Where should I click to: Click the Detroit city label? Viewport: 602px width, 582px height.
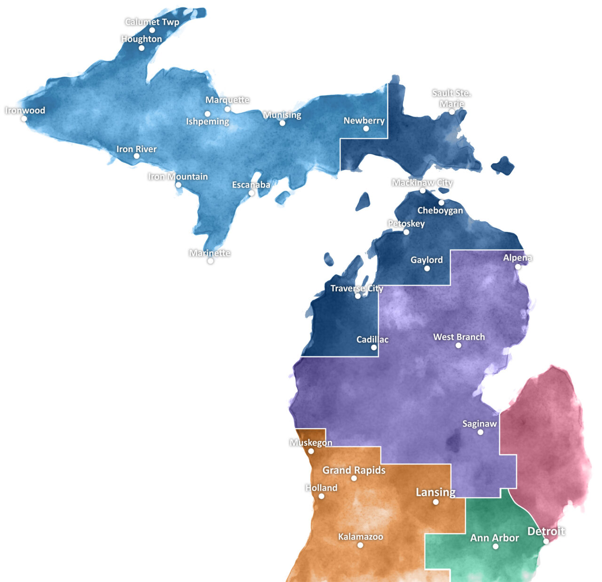click(x=546, y=531)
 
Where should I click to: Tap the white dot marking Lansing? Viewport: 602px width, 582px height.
click(x=436, y=502)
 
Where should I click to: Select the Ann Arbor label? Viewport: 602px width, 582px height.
click(x=494, y=538)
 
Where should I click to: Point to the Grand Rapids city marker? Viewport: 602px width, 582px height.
click(x=354, y=478)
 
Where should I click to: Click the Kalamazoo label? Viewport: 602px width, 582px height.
click(x=360, y=536)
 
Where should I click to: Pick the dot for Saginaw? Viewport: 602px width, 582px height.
click(x=480, y=432)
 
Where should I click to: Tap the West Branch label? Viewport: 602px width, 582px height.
click(x=459, y=337)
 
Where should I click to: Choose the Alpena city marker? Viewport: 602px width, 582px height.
click(x=518, y=267)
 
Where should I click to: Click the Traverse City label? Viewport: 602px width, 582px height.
click(x=356, y=288)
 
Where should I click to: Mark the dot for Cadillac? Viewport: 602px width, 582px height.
click(x=374, y=348)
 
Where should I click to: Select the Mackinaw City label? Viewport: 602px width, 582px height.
click(x=422, y=183)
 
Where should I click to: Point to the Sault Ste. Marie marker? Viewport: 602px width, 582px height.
click(x=451, y=112)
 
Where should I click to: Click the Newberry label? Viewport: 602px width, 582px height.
click(x=364, y=120)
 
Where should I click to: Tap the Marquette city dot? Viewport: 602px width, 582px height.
click(x=227, y=109)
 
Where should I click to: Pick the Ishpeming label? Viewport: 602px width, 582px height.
click(x=207, y=121)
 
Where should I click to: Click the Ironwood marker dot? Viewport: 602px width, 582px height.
click(x=24, y=119)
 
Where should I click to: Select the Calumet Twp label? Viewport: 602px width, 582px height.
click(x=152, y=22)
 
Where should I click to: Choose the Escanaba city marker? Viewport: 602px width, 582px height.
click(x=252, y=193)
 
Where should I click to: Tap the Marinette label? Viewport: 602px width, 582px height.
click(x=210, y=253)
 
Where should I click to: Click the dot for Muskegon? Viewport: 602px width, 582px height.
click(x=311, y=451)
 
